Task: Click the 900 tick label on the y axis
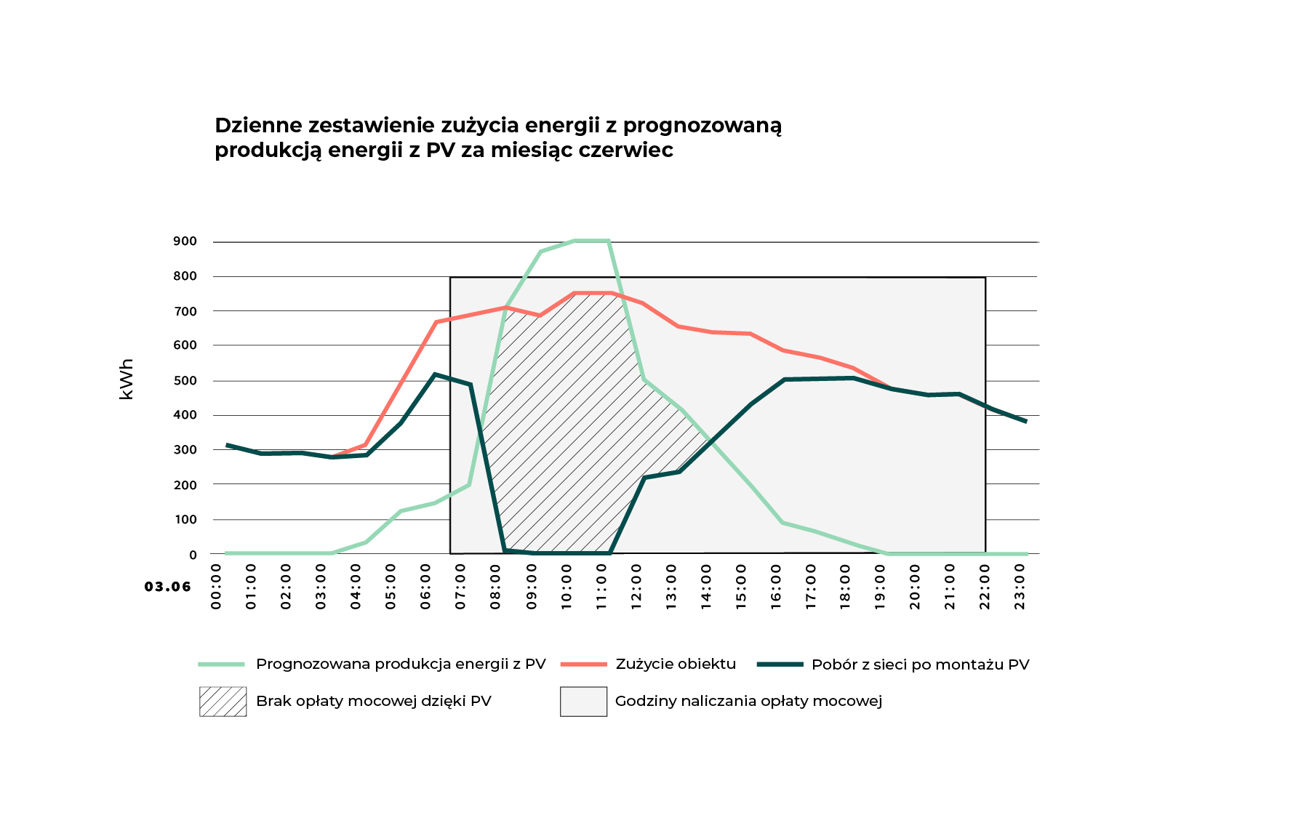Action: tap(185, 241)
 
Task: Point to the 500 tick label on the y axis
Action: tap(185, 380)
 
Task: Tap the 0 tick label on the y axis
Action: tap(193, 555)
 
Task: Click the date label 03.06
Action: tap(167, 587)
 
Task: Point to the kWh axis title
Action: tap(127, 379)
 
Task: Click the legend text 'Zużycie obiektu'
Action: tap(676, 664)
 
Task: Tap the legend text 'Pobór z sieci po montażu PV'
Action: tap(920, 665)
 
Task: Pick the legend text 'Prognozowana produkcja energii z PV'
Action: tap(401, 664)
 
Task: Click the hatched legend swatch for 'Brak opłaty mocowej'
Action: tap(223, 702)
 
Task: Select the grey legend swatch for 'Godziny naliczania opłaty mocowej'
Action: tap(583, 702)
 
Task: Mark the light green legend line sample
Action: tap(222, 665)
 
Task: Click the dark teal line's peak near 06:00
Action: tap(435, 374)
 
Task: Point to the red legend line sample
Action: tap(583, 665)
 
